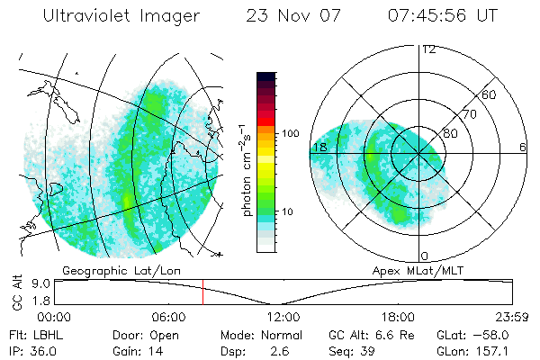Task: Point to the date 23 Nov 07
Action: click(289, 16)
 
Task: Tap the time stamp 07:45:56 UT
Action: click(443, 16)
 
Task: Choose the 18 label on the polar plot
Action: click(319, 147)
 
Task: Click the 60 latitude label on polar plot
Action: click(490, 94)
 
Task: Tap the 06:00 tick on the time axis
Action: click(168, 317)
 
